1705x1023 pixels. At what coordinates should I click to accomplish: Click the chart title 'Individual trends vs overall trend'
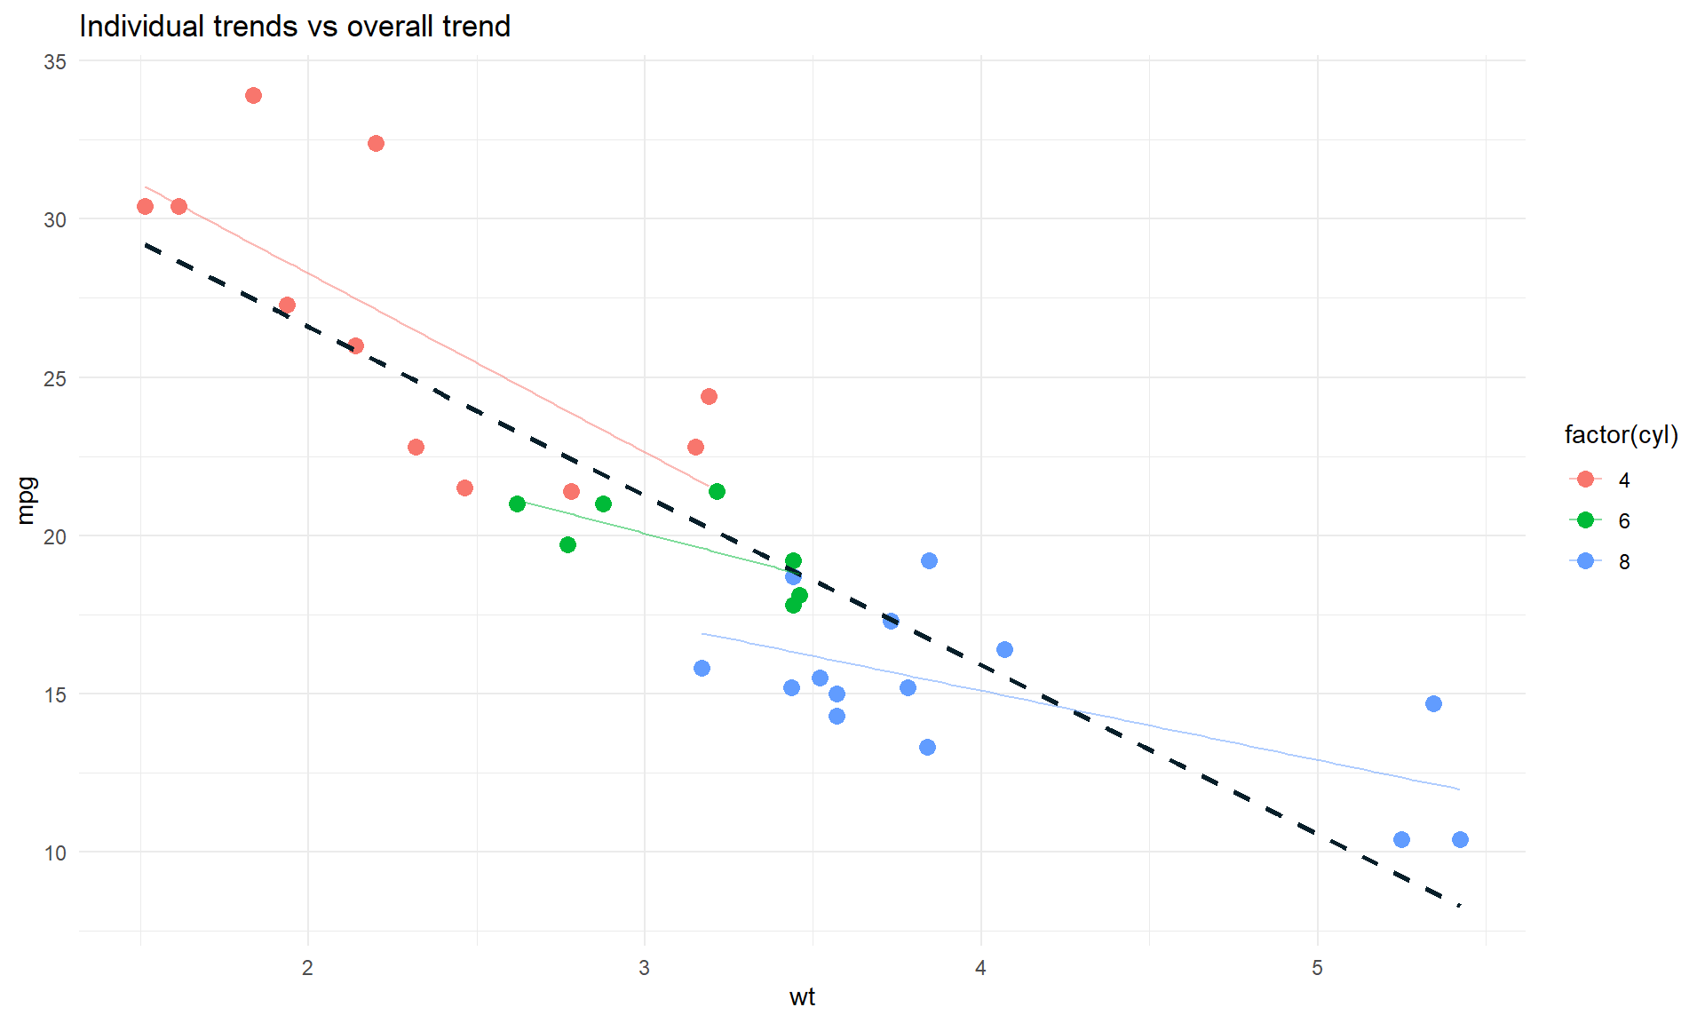click(x=294, y=27)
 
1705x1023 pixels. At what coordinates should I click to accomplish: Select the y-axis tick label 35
click(x=55, y=61)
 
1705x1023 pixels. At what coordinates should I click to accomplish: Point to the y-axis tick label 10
click(x=55, y=853)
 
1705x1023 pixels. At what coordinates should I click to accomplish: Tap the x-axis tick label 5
click(x=1317, y=968)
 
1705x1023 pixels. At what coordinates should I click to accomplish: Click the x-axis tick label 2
click(x=307, y=968)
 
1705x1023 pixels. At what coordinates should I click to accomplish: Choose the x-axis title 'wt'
click(x=802, y=997)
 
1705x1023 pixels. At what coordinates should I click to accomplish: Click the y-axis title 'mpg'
click(x=27, y=501)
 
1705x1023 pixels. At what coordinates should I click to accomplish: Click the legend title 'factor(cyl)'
click(x=1621, y=435)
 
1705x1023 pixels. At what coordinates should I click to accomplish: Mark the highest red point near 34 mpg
click(x=253, y=95)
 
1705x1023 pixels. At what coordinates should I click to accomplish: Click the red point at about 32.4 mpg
click(x=376, y=143)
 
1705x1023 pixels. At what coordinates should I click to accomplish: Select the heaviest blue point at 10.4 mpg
click(x=1460, y=839)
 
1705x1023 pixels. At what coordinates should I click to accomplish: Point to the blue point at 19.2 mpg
click(x=929, y=560)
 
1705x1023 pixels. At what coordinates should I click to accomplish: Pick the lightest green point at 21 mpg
click(x=517, y=504)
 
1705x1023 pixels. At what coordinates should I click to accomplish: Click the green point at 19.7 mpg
click(x=567, y=544)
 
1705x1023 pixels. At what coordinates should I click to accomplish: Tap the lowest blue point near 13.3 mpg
click(x=927, y=747)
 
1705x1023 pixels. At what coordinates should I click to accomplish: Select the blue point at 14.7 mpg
click(x=1433, y=703)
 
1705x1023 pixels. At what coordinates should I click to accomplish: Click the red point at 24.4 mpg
click(x=709, y=396)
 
